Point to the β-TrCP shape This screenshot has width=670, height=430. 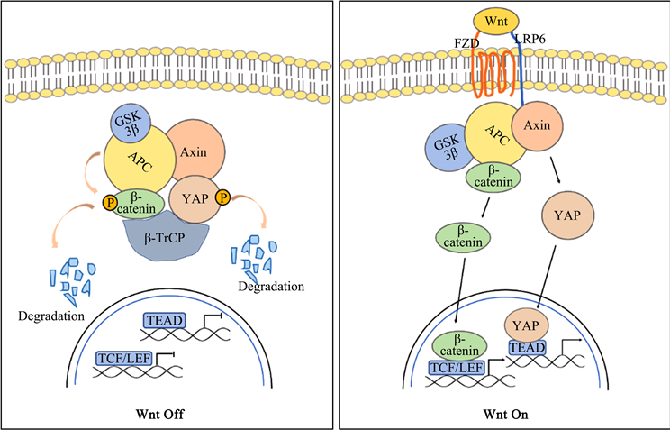pos(167,236)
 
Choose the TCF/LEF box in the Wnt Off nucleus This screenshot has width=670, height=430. pos(126,360)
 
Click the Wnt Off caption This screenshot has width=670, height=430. pos(167,415)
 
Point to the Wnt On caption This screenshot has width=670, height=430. pos(503,415)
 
